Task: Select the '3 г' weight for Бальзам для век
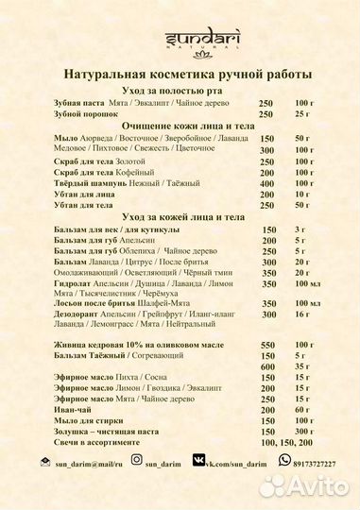pyautogui.click(x=300, y=229)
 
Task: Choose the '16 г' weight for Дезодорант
pyautogui.click(x=302, y=314)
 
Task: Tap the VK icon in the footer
pyautogui.click(x=199, y=460)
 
